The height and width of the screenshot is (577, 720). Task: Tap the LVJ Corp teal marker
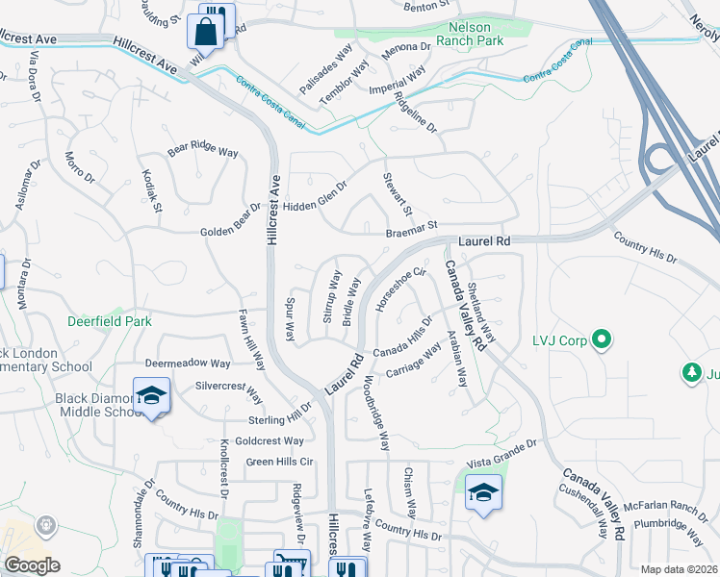(x=602, y=339)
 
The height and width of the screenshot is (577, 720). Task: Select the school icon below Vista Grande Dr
(x=483, y=493)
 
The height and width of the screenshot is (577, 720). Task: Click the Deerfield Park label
(x=108, y=321)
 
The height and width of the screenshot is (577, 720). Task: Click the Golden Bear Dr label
(x=230, y=220)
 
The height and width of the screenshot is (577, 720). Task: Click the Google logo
(x=32, y=565)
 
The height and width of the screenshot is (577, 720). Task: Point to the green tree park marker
(x=690, y=371)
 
